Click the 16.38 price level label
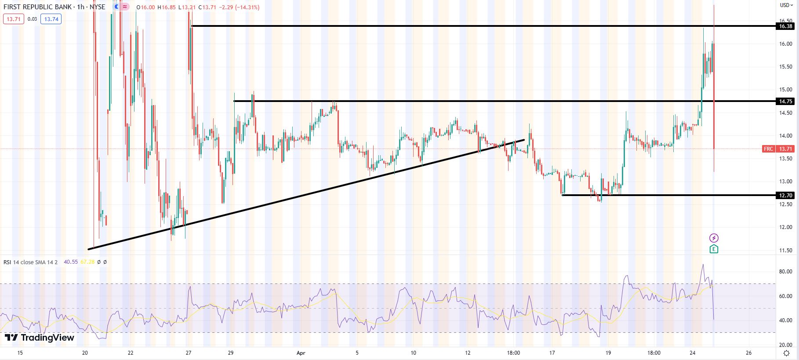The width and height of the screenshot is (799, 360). coord(785,26)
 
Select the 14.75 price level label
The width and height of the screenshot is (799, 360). coord(785,102)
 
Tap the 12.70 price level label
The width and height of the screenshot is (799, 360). coord(785,195)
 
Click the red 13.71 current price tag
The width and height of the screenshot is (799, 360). coord(785,149)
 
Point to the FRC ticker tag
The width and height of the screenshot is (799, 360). coord(768,149)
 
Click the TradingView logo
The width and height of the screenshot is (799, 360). coord(40,338)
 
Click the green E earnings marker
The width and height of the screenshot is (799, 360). coord(714,249)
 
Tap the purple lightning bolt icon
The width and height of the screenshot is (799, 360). coord(714,238)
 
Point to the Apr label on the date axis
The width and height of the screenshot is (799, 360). coord(301,353)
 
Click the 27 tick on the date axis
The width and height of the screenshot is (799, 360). coord(189,353)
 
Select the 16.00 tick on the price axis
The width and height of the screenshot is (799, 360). coord(785,44)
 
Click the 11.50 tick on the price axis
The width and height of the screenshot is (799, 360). coord(785,251)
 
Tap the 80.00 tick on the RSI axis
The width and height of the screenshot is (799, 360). coord(785,272)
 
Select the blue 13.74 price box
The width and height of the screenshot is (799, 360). coord(51,19)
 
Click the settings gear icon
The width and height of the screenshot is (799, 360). coord(787,353)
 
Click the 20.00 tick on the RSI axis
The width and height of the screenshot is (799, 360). coord(785,345)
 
